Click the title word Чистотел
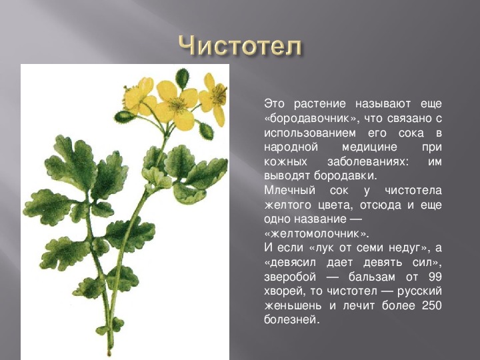click(240, 47)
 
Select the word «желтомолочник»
click(317, 234)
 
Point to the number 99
click(435, 277)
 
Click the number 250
click(431, 305)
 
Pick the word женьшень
click(293, 305)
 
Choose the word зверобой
click(290, 277)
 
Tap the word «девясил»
click(290, 263)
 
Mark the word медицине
click(369, 147)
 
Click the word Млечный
click(289, 191)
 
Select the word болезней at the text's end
click(292, 319)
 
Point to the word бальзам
click(371, 277)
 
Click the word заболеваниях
click(368, 161)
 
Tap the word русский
click(420, 291)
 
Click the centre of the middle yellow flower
click(177, 105)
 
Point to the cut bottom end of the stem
click(109, 353)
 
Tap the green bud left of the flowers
click(125, 117)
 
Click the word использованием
click(310, 133)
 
